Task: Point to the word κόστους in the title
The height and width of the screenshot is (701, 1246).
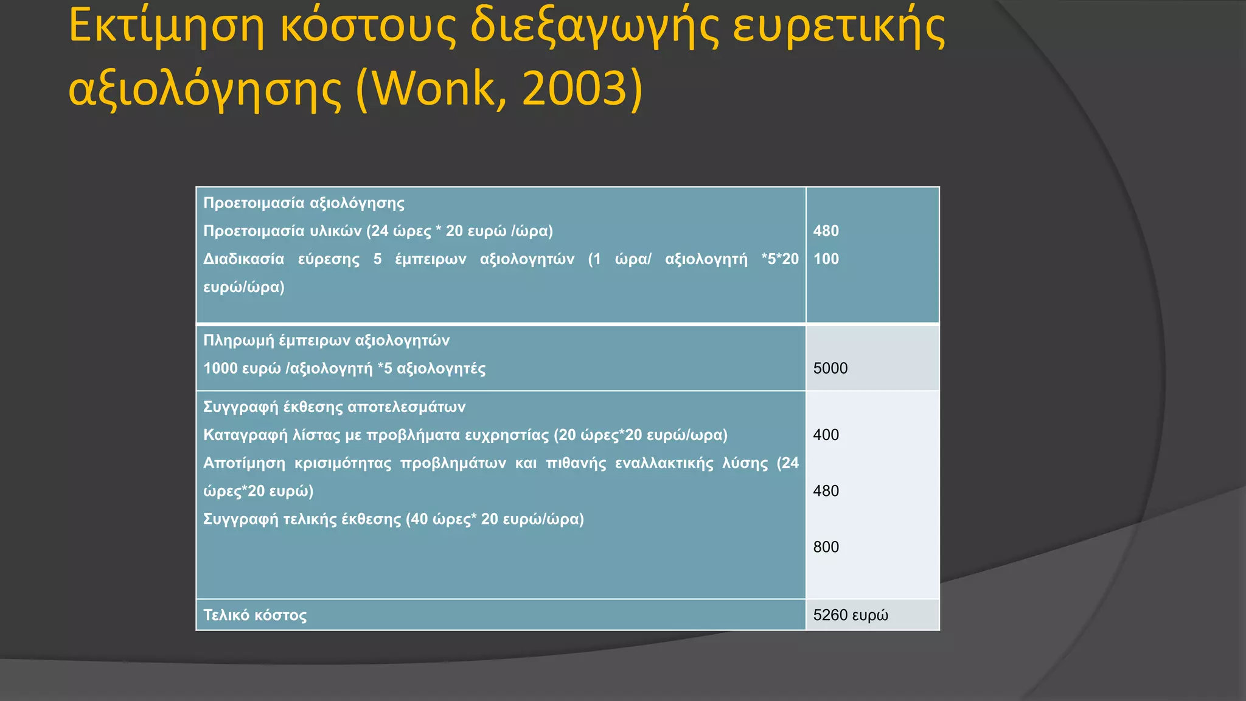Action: (367, 27)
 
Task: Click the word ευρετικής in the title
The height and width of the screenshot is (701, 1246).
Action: (839, 27)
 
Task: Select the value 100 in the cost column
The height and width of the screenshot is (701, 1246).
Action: (826, 259)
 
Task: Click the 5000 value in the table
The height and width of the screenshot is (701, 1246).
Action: (830, 368)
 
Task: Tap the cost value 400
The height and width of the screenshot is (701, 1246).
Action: (826, 434)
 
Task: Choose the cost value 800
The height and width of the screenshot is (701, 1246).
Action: (826, 546)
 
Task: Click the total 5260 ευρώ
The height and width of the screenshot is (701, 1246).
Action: (850, 615)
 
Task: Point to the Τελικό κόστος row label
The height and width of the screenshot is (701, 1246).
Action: (255, 615)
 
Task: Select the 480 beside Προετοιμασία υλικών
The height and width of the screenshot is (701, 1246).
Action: (826, 231)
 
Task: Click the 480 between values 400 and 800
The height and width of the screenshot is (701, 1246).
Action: (826, 490)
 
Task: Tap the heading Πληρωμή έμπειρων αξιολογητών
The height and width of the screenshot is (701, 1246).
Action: (326, 340)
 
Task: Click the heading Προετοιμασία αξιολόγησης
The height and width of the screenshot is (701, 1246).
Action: (304, 203)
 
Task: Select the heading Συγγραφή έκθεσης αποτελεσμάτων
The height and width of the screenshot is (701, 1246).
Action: (334, 406)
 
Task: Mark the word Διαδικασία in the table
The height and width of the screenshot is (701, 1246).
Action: (243, 259)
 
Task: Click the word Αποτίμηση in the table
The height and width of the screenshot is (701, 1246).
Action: (244, 463)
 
